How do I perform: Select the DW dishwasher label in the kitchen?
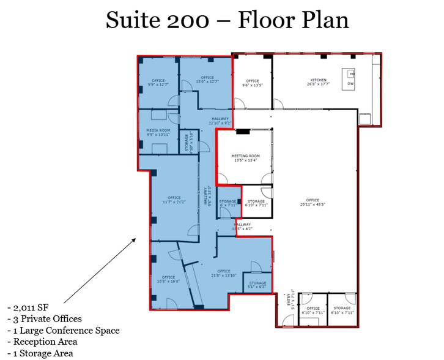(x=350, y=83)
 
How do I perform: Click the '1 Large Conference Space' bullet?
(x=63, y=330)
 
